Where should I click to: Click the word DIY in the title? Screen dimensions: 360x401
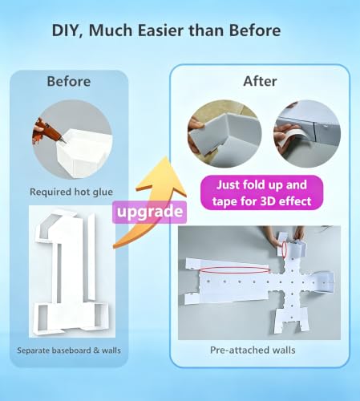[x=65, y=30]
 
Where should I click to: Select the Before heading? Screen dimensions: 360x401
[x=69, y=81]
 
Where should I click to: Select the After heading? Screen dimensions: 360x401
[x=260, y=81]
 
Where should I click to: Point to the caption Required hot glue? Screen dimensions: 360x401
[x=71, y=192]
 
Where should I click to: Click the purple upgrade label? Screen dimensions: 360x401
[x=149, y=212]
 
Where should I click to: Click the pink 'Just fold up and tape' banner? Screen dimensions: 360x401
[x=261, y=192]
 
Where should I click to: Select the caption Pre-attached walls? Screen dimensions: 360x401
[x=253, y=350]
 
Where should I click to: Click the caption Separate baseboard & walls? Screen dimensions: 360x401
[x=69, y=350]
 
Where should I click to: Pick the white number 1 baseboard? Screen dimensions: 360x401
[x=71, y=271]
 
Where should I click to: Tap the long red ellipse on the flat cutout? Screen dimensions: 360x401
[x=235, y=270]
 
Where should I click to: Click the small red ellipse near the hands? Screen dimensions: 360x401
[x=285, y=249]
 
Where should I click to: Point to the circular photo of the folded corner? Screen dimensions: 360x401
[x=224, y=134]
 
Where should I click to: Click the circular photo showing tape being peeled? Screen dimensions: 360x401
[x=307, y=134]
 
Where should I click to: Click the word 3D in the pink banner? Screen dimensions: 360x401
[x=270, y=200]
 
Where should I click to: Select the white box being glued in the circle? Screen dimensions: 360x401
[x=84, y=152]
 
